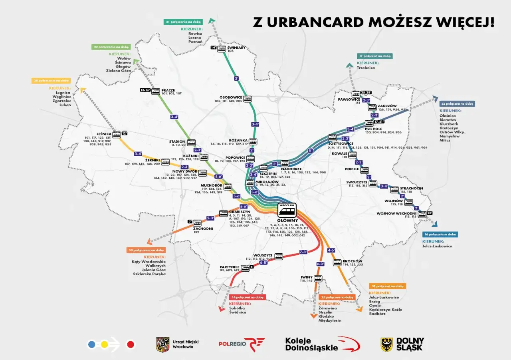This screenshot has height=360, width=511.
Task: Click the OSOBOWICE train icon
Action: point(248,97)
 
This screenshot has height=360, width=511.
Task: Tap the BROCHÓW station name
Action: point(353,261)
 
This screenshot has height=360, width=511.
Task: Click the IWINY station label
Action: point(306,277)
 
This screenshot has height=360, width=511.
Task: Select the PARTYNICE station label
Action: point(229,267)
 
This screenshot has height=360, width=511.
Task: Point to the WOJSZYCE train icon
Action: point(278,256)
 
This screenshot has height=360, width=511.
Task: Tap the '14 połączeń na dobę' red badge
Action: point(248,297)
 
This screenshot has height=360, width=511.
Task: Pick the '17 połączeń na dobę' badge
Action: point(375,56)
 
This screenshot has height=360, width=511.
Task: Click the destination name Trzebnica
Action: point(366,68)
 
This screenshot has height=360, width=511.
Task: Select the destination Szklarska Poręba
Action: point(149,274)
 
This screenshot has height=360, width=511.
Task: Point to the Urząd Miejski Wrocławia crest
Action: point(162,344)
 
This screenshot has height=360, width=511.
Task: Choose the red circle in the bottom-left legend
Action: point(131,344)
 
